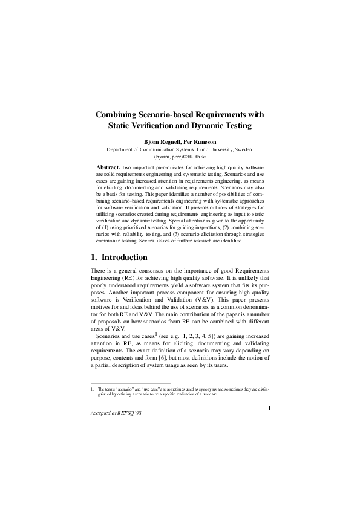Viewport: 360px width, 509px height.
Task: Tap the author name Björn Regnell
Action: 163,142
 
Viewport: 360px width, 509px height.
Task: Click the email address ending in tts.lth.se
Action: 180,156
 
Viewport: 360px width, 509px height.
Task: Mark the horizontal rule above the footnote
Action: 130,383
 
